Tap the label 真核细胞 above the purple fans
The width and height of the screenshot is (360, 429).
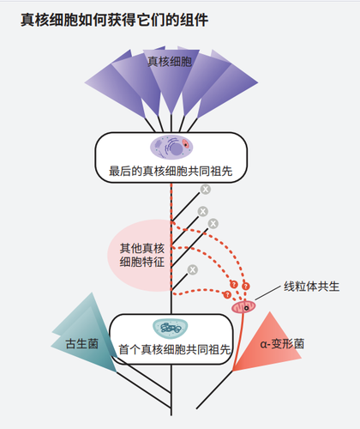coord(169,62)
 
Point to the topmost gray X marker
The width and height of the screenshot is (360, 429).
coord(205,190)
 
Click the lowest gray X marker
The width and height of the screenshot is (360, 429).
coord(193,269)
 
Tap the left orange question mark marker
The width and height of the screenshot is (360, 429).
coord(232,284)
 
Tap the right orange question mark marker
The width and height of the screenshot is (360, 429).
coord(246,284)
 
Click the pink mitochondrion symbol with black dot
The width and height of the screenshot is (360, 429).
coord(244,305)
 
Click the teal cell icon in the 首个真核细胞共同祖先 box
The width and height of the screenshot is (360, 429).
coord(171,328)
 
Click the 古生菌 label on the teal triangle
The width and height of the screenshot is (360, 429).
coord(82,342)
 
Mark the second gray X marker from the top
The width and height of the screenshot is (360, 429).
coord(202,210)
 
